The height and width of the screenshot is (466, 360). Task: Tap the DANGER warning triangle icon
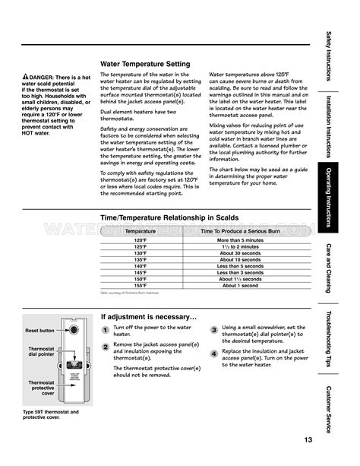tap(26, 78)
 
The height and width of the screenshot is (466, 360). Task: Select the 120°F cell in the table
tap(141, 239)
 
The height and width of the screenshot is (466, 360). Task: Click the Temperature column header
tap(141, 230)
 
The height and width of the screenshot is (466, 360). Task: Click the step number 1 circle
tap(106, 330)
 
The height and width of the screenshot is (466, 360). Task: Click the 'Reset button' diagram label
tap(39, 331)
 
